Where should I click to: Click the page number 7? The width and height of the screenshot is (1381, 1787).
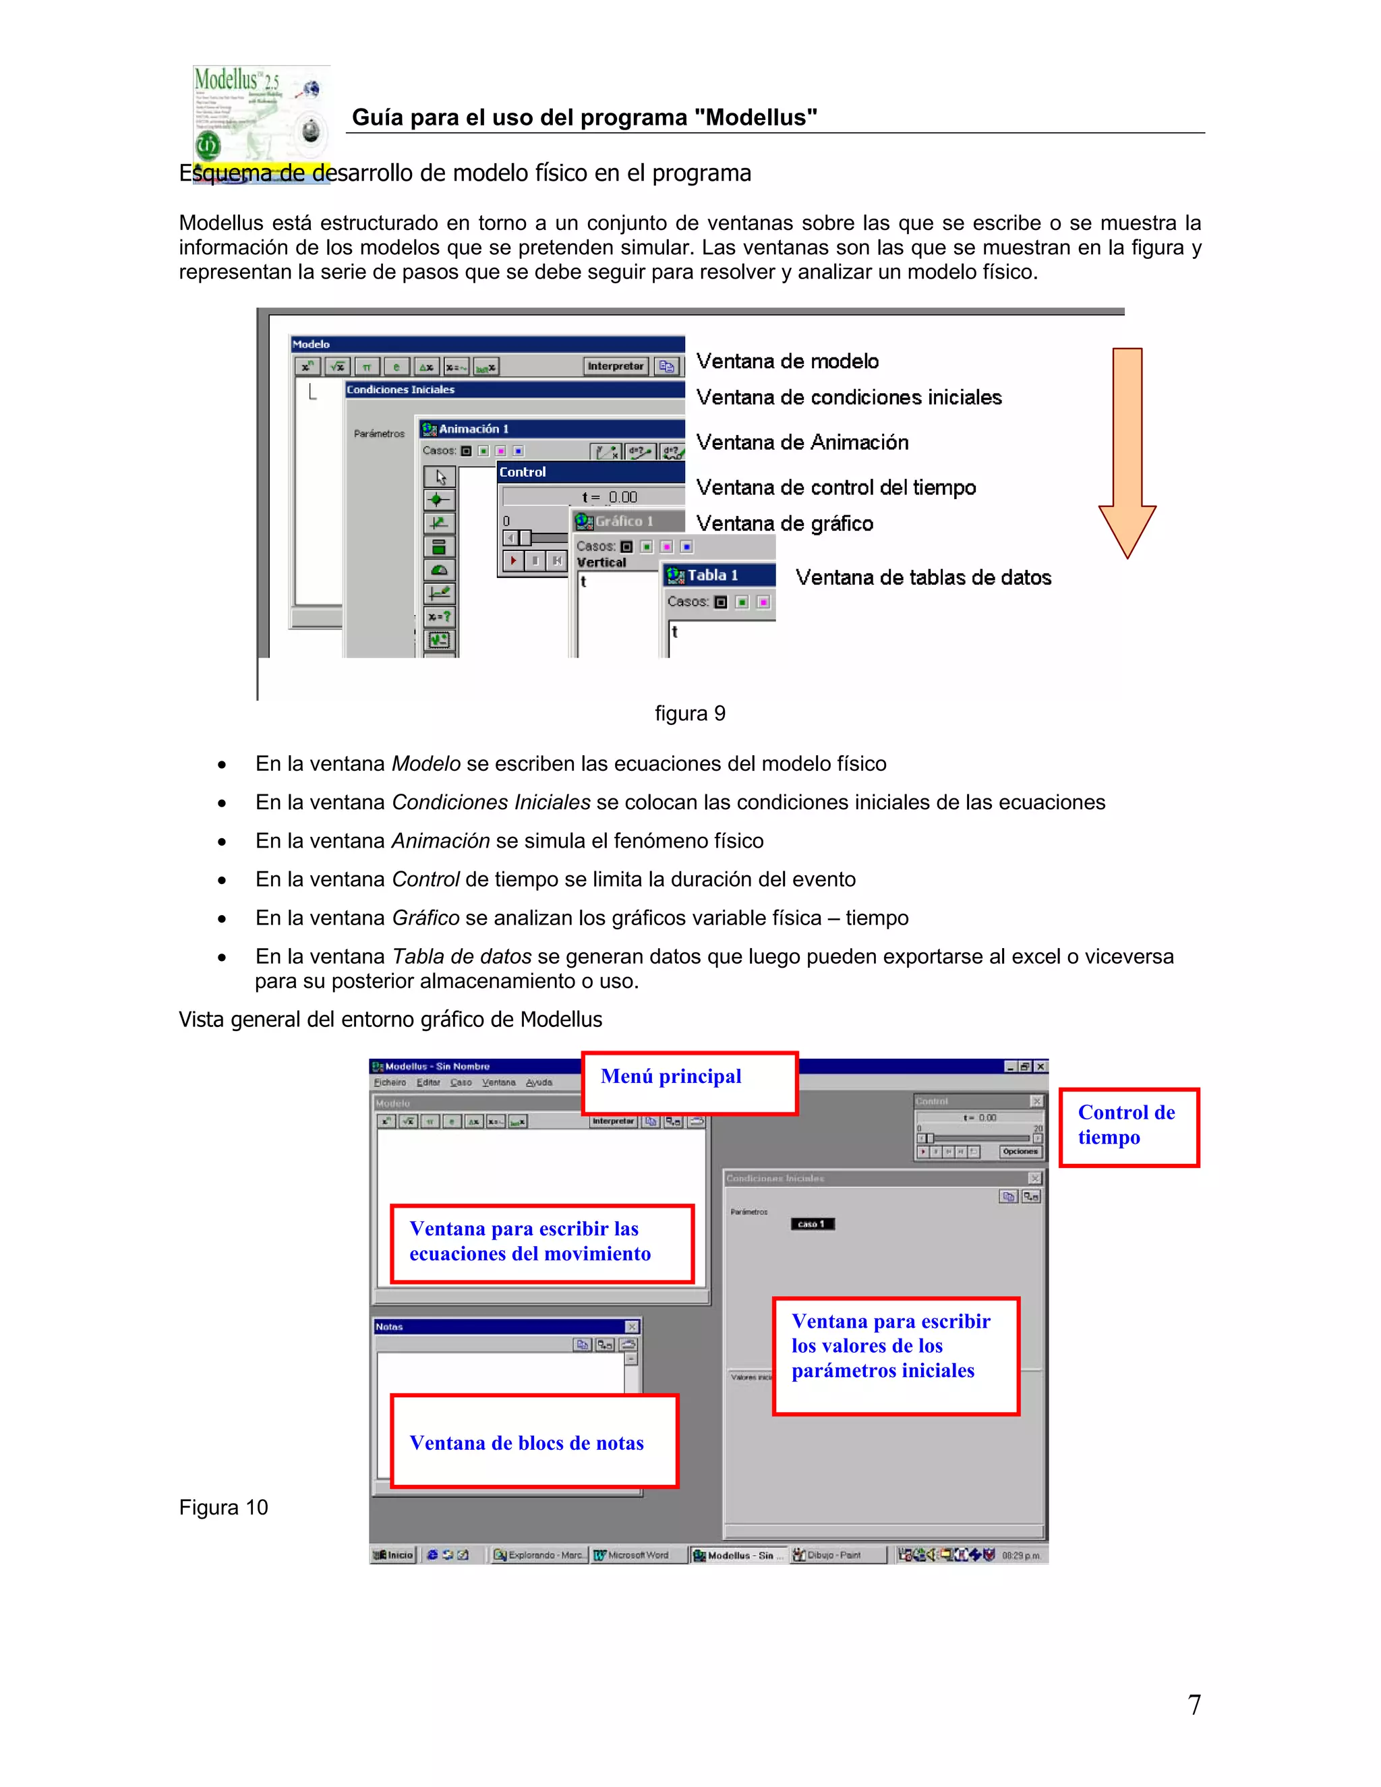pos(1194,1704)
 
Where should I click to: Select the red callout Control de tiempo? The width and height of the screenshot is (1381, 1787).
pos(1128,1127)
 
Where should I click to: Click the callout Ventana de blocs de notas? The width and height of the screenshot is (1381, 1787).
pos(534,1442)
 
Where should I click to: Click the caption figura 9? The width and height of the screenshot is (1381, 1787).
pos(690,713)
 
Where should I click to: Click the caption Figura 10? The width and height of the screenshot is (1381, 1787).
pos(223,1507)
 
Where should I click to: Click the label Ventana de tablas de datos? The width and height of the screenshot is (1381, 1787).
pos(923,578)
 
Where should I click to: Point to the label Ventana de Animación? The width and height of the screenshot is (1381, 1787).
pos(802,442)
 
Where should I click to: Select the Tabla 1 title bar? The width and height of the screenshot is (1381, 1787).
pos(718,575)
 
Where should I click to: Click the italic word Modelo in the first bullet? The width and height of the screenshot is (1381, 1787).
pos(426,764)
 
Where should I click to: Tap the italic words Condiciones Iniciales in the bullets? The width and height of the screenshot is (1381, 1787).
pos(491,802)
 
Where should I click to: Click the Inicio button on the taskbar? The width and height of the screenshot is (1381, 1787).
pos(394,1554)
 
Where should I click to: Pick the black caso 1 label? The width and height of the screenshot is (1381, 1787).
pos(812,1224)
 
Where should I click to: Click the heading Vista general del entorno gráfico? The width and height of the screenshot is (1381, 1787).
pos(390,1020)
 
